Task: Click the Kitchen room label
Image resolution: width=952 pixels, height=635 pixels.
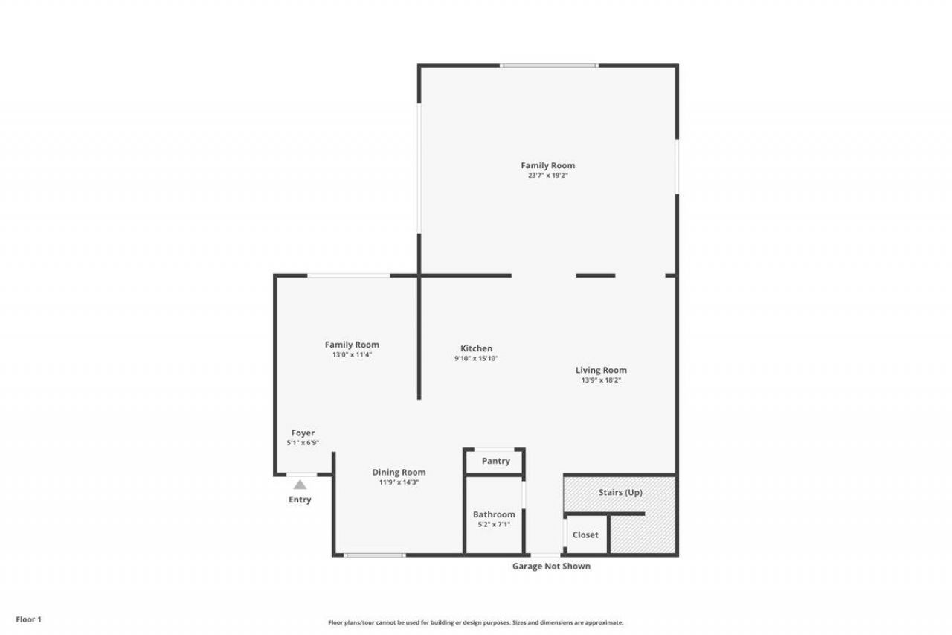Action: click(476, 348)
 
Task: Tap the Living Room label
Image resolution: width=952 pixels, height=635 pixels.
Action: click(601, 370)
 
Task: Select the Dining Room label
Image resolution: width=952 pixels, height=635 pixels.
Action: click(399, 472)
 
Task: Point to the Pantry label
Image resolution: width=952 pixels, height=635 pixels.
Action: click(495, 461)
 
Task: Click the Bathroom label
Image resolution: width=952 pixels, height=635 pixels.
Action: click(494, 514)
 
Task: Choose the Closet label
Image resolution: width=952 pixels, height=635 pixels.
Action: click(585, 535)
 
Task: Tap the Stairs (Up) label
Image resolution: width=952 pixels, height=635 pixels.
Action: click(620, 492)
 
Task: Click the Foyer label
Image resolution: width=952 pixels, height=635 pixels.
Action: click(303, 433)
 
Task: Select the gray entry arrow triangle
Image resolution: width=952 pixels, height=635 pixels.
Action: click(300, 485)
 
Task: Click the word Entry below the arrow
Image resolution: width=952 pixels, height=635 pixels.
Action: click(300, 500)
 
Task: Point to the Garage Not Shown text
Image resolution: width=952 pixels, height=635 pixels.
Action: click(551, 566)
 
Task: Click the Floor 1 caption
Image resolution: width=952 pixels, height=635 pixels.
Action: click(29, 619)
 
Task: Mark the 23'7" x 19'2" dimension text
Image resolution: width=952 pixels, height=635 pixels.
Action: click(548, 176)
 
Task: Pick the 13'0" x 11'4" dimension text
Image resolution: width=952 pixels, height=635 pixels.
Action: click(352, 355)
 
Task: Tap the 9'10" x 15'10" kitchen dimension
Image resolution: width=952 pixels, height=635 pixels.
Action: click(476, 359)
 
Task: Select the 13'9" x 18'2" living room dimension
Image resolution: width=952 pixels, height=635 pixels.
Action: click(601, 380)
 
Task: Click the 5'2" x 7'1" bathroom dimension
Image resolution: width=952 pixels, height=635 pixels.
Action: click(494, 525)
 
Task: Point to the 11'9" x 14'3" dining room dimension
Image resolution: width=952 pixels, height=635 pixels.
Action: click(399, 482)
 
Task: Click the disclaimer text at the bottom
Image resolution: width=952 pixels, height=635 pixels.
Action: click(476, 622)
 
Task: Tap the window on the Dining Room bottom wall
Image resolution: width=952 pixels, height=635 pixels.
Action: click(375, 555)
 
